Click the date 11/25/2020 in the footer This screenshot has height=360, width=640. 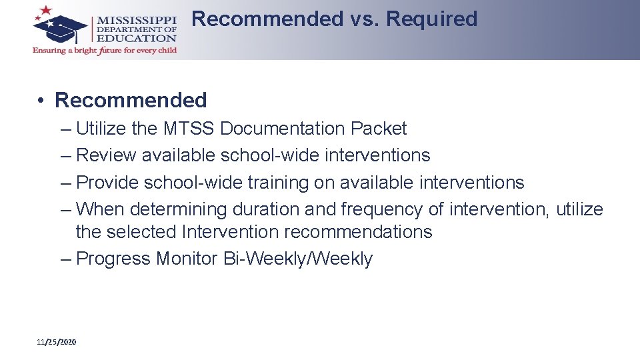click(57, 342)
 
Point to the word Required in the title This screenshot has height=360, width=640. click(432, 19)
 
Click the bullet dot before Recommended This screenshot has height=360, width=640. click(41, 101)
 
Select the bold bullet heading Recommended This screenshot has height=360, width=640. click(131, 101)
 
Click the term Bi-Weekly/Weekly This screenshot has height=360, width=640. click(298, 259)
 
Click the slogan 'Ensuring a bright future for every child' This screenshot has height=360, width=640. click(105, 51)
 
